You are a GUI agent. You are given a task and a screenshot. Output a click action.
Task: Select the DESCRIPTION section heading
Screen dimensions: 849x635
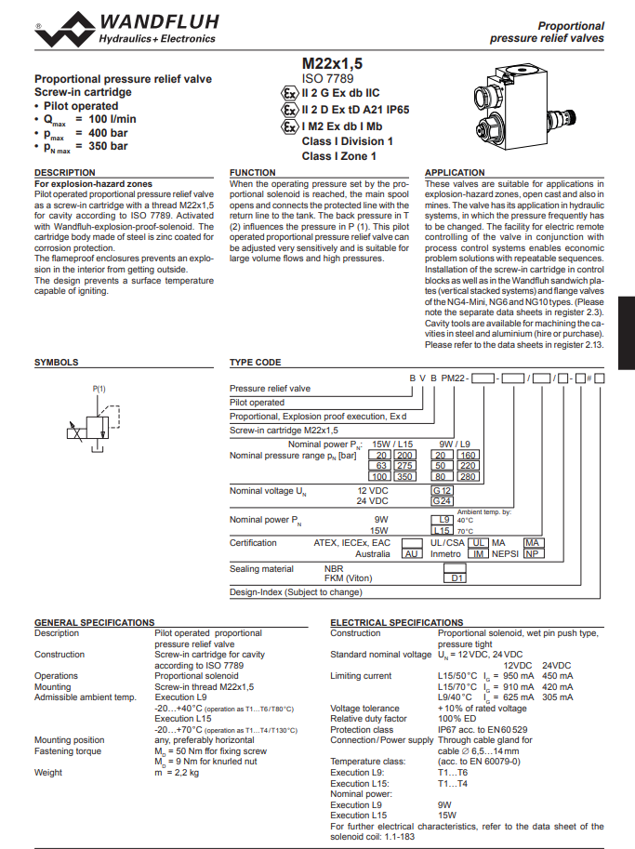[x=65, y=173]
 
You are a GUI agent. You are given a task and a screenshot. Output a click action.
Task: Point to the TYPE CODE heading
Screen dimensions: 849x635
[x=255, y=363]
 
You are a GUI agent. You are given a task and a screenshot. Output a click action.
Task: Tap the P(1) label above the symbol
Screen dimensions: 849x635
[x=99, y=388]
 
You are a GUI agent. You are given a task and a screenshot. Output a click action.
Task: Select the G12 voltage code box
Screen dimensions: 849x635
[x=443, y=489]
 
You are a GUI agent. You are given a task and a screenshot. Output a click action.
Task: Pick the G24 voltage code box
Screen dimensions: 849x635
[x=443, y=500]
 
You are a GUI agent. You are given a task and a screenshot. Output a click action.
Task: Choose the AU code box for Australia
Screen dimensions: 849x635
[x=411, y=553]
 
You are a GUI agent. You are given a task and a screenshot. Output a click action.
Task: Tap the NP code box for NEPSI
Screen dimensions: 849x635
[x=533, y=553]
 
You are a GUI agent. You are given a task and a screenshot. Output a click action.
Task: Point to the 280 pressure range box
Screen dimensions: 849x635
[x=467, y=475]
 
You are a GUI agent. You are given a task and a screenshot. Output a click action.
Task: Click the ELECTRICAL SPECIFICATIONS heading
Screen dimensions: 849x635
[x=396, y=622]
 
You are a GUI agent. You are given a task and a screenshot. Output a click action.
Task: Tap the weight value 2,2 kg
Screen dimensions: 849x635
[x=177, y=772]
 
